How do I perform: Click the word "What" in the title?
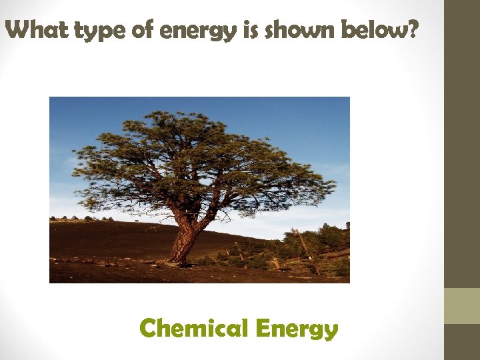coord(37,29)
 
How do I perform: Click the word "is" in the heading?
coord(251,29)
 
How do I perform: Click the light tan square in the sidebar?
coord(462,306)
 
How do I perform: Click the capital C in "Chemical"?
coord(148,328)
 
